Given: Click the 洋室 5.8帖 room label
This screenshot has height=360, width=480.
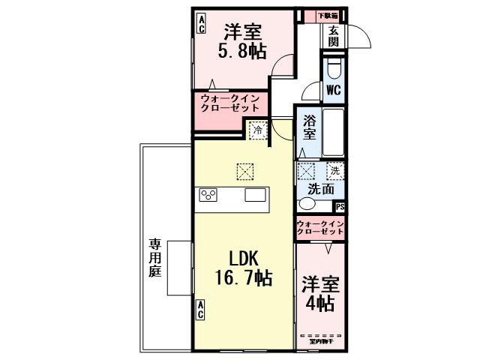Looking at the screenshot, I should (243, 42).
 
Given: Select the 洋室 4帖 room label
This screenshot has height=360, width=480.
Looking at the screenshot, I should (320, 295).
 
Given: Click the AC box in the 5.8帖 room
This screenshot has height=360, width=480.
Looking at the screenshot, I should (201, 23).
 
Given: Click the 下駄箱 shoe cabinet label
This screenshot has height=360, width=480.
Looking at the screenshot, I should (327, 15).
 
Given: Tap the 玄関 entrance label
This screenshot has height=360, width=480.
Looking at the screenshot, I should (333, 36).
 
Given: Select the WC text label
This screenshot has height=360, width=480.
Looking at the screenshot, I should (333, 90).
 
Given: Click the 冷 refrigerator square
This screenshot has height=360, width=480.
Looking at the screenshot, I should (257, 130).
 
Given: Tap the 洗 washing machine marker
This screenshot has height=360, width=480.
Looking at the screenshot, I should (334, 171).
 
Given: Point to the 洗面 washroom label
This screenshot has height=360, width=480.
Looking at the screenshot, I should (320, 189).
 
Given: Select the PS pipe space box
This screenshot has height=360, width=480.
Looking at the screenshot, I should (340, 207).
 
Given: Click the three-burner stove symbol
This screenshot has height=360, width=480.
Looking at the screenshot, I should (208, 196).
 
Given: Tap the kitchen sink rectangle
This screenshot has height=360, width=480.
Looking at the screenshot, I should (255, 196).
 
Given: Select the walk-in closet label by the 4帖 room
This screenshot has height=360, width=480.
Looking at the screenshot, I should (320, 228).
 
